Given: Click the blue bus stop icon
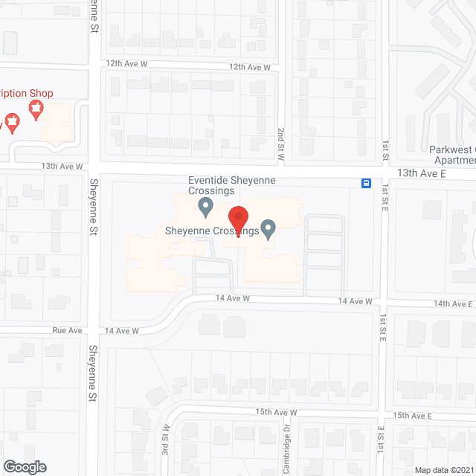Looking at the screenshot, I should click(x=367, y=184).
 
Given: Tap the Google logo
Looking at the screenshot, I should click(x=24, y=466).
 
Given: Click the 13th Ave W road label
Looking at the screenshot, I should click(x=62, y=167).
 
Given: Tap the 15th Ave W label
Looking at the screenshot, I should click(x=276, y=412).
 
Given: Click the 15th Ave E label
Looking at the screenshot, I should click(x=414, y=415).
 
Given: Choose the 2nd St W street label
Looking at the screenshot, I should click(x=282, y=139).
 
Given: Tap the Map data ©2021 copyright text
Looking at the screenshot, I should click(x=443, y=469).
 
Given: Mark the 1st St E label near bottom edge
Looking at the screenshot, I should click(x=380, y=439).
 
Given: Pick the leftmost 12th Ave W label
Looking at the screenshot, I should click(x=126, y=65).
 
